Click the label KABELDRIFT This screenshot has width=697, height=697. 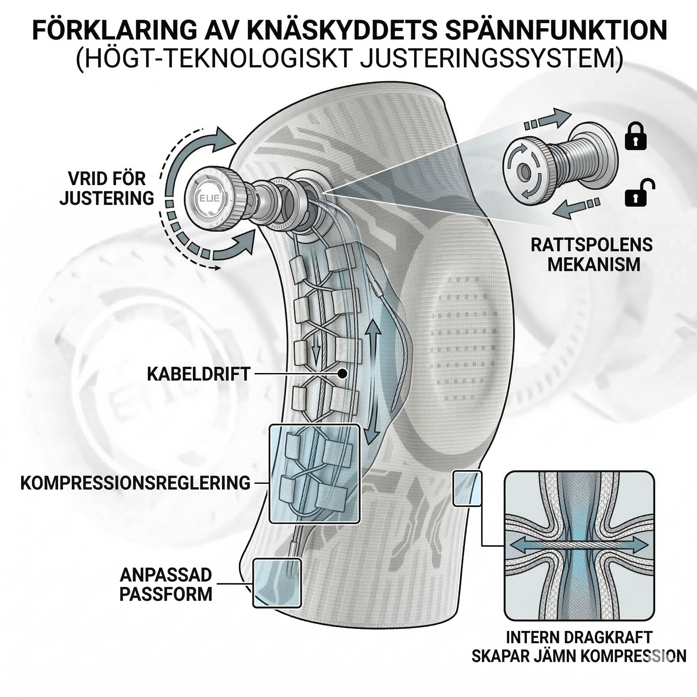click(x=198, y=374)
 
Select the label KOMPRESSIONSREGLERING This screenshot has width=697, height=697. click(x=135, y=483)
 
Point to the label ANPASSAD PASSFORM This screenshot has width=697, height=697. click(x=166, y=584)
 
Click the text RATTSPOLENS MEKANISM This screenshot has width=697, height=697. click(x=591, y=255)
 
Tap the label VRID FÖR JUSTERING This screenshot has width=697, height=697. click(x=107, y=189)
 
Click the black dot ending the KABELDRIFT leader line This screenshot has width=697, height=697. click(x=342, y=374)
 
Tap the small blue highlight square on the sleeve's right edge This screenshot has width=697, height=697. click(x=467, y=488)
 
